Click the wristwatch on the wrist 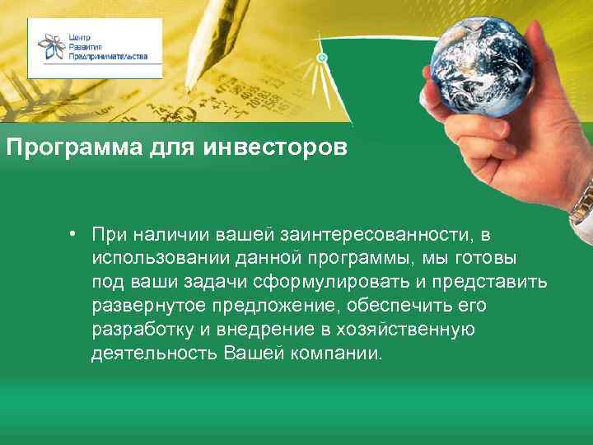click(582, 202)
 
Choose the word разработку click(142, 331)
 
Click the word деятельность click(153, 355)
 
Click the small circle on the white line click(323, 58)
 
